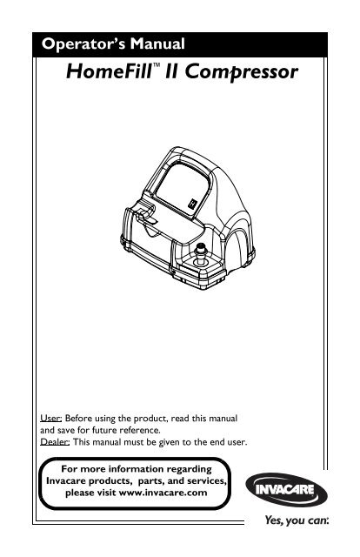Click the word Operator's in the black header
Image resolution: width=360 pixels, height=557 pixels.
(x=83, y=44)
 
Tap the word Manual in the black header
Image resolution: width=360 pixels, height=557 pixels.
(x=157, y=44)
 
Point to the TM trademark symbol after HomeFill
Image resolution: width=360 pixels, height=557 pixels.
(x=157, y=65)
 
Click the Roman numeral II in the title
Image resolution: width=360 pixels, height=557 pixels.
(x=172, y=71)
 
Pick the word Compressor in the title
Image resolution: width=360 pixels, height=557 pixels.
(x=241, y=72)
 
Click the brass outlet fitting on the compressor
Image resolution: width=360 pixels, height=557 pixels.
(x=201, y=253)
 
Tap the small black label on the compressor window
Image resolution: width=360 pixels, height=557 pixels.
(x=192, y=203)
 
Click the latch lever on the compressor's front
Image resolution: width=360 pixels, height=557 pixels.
(x=145, y=216)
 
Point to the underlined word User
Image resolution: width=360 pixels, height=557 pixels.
(x=51, y=418)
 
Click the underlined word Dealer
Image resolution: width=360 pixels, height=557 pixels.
(x=55, y=442)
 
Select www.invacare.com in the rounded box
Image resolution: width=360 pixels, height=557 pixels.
(x=163, y=493)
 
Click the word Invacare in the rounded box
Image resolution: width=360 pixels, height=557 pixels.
(x=66, y=480)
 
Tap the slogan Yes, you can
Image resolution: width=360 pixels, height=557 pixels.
(x=297, y=520)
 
